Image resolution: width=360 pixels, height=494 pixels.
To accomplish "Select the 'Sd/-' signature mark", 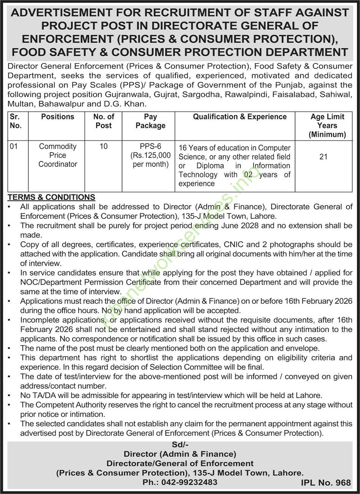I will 180,445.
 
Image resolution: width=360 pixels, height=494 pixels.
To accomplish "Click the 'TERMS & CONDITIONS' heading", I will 52,197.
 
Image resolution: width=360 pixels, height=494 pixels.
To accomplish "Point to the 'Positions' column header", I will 58,117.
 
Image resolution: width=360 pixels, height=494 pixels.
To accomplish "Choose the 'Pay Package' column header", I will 151,121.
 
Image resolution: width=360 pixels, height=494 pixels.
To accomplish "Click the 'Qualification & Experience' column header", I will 239,117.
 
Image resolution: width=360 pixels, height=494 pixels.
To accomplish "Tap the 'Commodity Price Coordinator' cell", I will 58,155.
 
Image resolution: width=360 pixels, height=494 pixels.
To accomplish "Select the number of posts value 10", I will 103,146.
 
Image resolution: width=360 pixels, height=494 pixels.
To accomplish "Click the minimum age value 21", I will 324,156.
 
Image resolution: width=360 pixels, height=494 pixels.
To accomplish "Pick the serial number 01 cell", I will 14,146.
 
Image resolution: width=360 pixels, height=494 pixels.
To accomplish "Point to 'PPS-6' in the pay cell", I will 151,146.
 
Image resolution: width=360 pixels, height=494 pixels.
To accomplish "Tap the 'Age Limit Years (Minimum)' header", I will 327,125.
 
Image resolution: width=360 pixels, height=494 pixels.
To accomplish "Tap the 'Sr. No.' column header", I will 16,121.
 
